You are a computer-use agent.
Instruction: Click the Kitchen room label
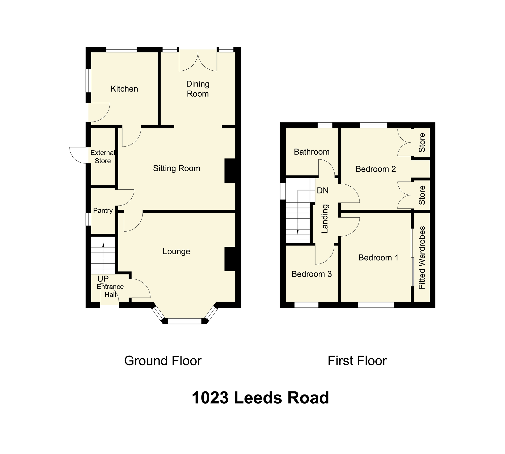point(124,89)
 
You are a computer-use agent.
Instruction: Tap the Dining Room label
point(198,89)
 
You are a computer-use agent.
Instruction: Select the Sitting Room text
point(176,168)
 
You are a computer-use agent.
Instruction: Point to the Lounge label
point(176,251)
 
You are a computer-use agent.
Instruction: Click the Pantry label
point(103,210)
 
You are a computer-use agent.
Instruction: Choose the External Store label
point(103,157)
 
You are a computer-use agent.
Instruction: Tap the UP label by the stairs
point(103,279)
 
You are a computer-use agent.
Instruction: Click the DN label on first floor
point(323,190)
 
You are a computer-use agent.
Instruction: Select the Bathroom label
point(312,152)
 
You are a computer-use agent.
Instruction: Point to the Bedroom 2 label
point(376,169)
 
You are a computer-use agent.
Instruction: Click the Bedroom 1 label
point(378,258)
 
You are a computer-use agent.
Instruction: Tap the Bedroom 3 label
point(312,274)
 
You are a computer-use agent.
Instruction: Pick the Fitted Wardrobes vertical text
point(422,258)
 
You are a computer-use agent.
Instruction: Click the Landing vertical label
point(325,219)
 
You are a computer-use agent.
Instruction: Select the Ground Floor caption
point(163,361)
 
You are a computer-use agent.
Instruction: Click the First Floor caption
point(357,361)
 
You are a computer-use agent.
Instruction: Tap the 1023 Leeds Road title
point(260,398)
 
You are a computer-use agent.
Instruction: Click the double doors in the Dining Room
point(198,62)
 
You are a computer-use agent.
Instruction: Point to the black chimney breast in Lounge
point(230,259)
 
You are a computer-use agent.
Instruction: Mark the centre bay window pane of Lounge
point(185,321)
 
